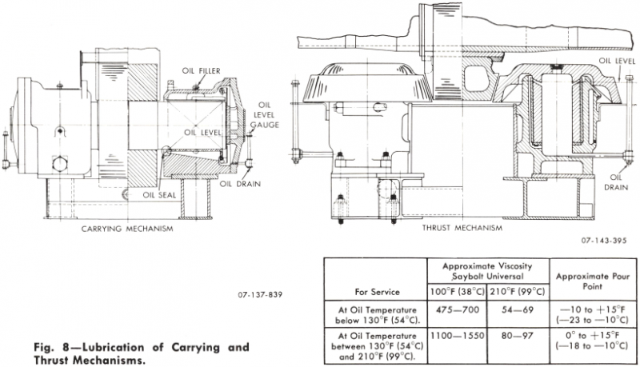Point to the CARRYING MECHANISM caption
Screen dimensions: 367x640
point(127,228)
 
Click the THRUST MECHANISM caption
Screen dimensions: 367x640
point(462,228)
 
